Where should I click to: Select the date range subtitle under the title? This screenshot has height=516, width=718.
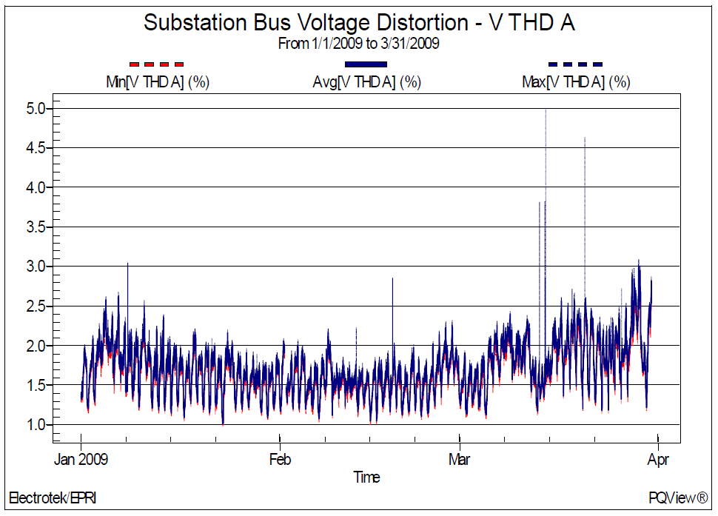[x=359, y=44]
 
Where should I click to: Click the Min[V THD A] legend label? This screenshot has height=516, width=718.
[x=158, y=82]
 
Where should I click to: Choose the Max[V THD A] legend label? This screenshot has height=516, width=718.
[x=576, y=82]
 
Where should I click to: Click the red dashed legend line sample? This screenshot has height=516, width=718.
[x=156, y=64]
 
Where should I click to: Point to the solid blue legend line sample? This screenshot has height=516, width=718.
[x=366, y=64]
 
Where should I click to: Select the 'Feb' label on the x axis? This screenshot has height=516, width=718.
[x=280, y=460]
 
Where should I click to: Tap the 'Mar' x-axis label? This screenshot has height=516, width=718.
[x=460, y=460]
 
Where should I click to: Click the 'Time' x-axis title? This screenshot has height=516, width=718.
[x=366, y=478]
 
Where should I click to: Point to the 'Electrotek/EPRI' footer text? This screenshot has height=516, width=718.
[x=52, y=497]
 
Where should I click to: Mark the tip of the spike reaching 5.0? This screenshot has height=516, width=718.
[x=546, y=110]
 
